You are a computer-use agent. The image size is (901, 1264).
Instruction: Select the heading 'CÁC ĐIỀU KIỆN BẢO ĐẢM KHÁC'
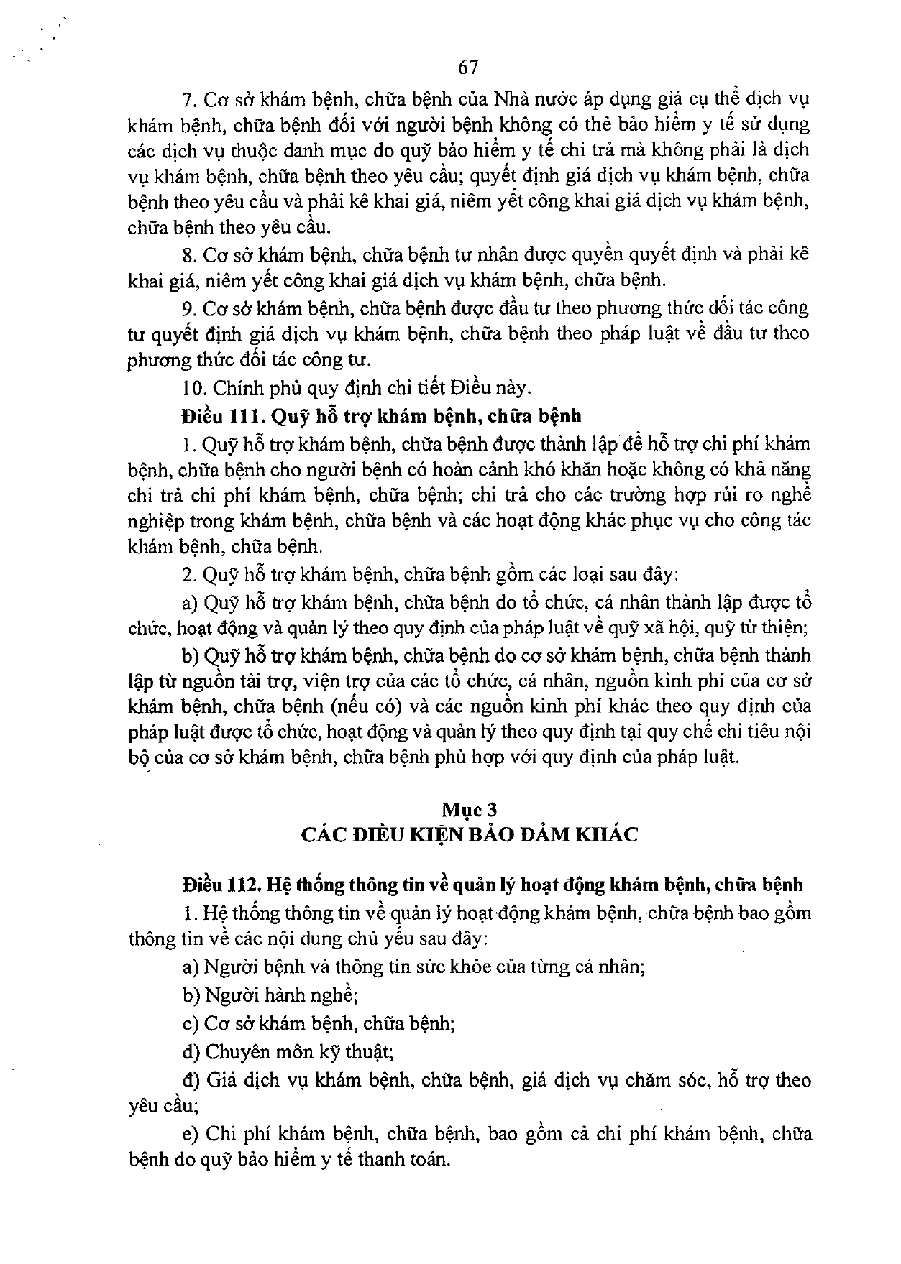pos(470,834)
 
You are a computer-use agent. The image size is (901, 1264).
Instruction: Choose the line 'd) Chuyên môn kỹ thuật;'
pos(288,1052)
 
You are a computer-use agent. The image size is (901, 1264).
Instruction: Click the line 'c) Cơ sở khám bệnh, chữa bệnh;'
pos(319,1023)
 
